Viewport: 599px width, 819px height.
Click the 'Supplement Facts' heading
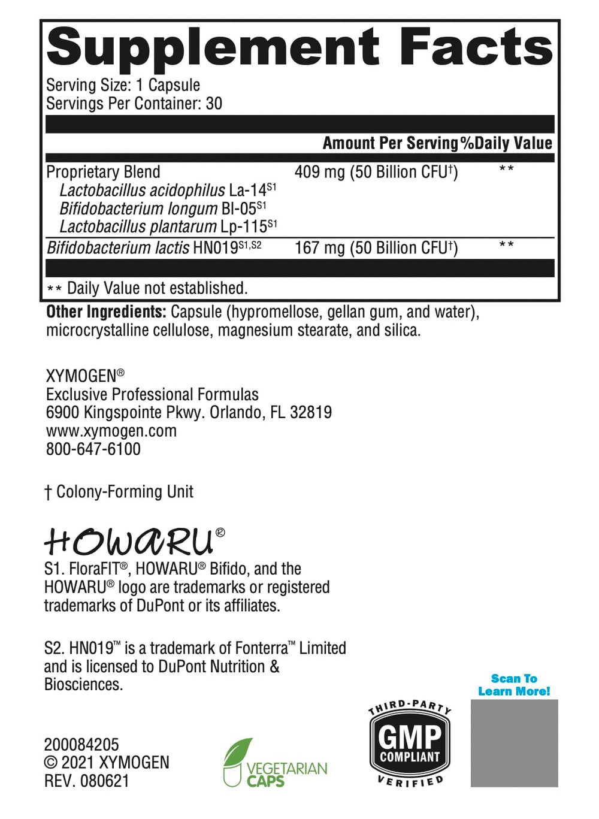pos(299,48)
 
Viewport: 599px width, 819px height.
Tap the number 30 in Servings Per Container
pos(214,104)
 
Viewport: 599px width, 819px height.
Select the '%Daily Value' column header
pos(506,143)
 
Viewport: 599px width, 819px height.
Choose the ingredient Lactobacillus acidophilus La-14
pos(167,191)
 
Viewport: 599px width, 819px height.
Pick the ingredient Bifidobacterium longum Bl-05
pos(162,208)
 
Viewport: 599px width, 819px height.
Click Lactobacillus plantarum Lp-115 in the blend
pos(168,227)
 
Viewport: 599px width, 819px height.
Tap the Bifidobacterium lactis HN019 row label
pos(153,248)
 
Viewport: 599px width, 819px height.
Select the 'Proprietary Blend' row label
pos(103,173)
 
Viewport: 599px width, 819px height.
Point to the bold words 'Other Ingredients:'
pos(106,312)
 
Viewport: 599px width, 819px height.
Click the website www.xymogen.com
pos(111,431)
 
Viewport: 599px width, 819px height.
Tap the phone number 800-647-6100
pos(93,449)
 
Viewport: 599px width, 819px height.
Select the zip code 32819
pos(311,412)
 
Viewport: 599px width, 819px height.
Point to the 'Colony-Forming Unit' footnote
pos(124,492)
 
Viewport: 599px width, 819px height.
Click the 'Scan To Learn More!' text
pos(514,685)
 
